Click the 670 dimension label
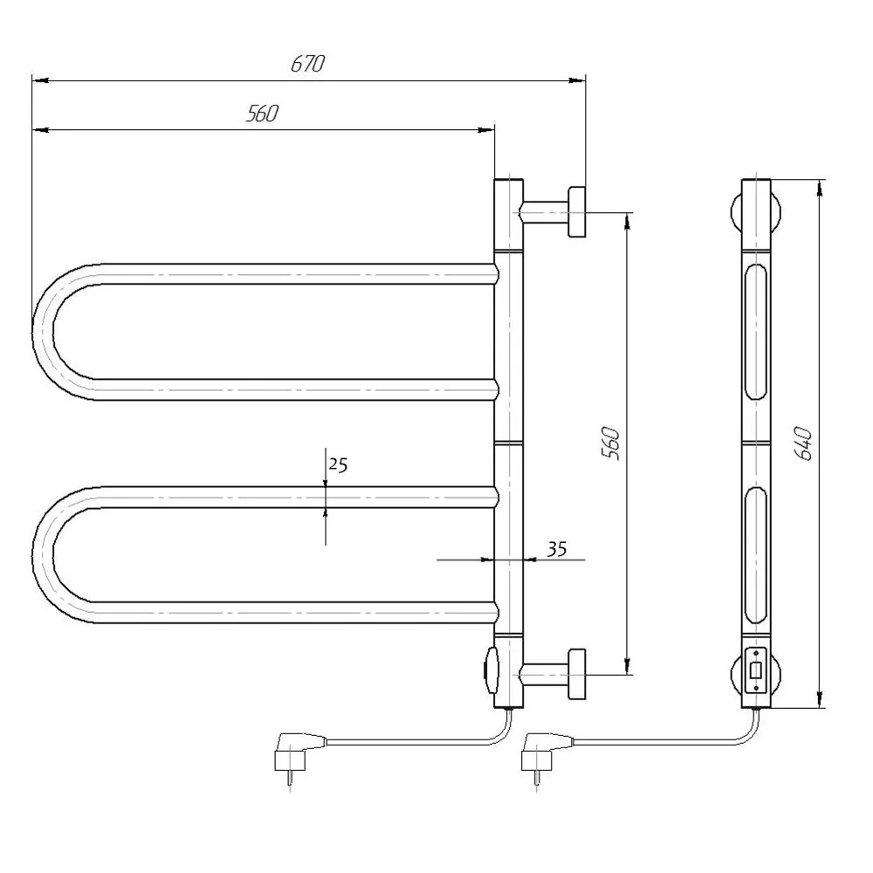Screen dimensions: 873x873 pos(307,64)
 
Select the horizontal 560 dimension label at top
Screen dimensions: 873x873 pos(262,113)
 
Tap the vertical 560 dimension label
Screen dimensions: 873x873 pos(611,443)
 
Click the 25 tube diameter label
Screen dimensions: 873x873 pos(338,464)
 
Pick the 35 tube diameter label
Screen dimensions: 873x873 pos(556,549)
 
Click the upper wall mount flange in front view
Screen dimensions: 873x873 pos(576,212)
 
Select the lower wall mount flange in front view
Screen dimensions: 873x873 pos(576,674)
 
